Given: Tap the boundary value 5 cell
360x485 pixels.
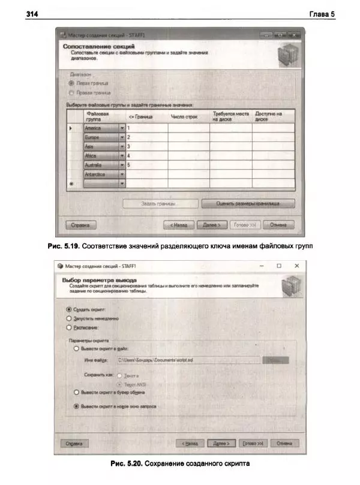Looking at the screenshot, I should [x=146, y=165].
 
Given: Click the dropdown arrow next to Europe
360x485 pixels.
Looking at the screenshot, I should [x=122, y=137].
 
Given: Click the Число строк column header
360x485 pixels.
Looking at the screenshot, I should [x=185, y=116].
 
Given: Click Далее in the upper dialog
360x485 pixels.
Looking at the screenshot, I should [x=211, y=225].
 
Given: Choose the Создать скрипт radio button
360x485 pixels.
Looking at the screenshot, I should [x=69, y=309].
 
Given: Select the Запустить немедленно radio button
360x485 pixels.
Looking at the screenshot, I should [x=69, y=318].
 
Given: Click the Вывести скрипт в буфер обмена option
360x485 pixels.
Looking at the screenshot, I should [x=76, y=392].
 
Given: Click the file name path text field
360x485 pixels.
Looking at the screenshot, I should [x=186, y=360].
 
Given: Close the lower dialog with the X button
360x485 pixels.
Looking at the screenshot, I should [x=296, y=265].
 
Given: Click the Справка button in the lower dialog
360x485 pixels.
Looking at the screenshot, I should [x=75, y=444].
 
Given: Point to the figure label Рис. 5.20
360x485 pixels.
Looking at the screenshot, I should [x=127, y=464].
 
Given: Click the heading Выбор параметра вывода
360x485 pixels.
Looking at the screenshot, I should [x=99, y=280].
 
